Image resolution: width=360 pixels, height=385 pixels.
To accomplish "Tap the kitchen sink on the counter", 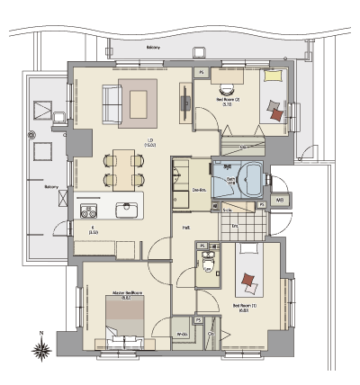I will (125, 210).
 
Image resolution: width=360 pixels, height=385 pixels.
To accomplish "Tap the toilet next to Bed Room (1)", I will (209, 264).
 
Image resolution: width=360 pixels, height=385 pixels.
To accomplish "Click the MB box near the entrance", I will (280, 200).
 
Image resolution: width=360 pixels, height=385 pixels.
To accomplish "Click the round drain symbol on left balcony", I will (42, 148).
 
